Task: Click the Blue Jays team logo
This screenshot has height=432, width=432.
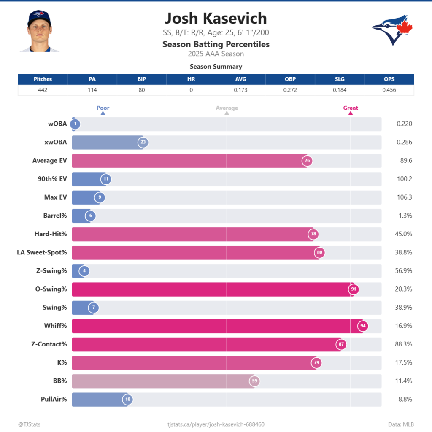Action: point(392,30)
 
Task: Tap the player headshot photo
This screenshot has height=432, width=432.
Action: point(39,31)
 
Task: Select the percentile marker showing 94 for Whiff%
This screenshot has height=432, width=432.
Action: point(362,326)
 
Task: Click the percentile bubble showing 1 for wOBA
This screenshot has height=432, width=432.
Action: point(75,124)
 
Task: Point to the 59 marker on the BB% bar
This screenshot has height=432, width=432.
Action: point(254,381)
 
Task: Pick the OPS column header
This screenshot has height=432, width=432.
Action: point(389,79)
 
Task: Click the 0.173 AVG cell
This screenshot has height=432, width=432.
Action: point(240,90)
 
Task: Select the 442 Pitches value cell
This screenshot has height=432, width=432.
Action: point(43,90)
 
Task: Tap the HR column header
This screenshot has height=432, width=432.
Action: point(191,79)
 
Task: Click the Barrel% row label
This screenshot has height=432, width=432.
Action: point(55,216)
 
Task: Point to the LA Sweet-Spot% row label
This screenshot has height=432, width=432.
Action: point(42,252)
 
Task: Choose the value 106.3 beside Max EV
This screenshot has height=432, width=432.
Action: point(404,197)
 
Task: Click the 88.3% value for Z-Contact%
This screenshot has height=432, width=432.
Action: point(404,344)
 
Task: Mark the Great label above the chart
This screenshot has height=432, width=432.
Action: point(351,108)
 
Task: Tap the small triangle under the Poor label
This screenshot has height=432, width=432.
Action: point(103,113)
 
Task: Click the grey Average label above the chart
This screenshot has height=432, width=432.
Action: point(227,108)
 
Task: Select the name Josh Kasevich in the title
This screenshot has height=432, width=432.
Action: point(216,19)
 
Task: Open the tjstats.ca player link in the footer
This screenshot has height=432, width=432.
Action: point(216,424)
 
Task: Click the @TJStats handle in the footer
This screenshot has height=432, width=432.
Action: point(30,424)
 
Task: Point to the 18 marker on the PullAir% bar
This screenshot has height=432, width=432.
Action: point(127,399)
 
